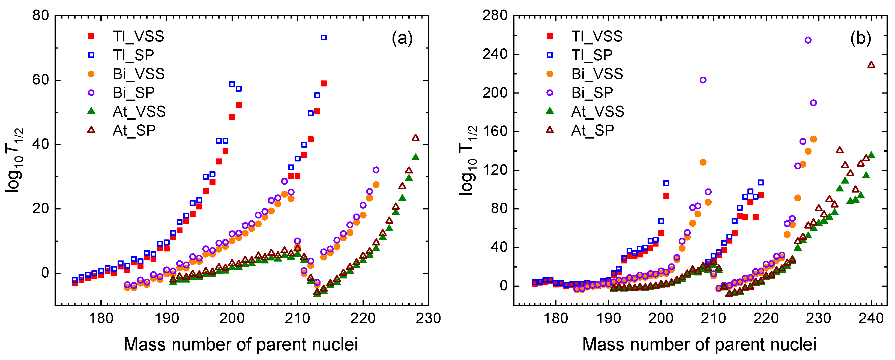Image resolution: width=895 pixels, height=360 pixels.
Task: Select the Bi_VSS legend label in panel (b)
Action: click(x=597, y=74)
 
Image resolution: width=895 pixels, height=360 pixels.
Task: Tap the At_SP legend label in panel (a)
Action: click(x=134, y=130)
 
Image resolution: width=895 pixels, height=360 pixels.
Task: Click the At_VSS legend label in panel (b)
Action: click(x=598, y=112)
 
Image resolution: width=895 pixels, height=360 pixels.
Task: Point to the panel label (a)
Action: click(x=402, y=38)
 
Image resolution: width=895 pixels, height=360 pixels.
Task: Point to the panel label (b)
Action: click(x=861, y=38)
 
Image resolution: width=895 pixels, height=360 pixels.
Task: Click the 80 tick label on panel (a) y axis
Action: click(x=41, y=16)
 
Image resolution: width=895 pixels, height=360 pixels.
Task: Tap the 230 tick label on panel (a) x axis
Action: click(x=428, y=318)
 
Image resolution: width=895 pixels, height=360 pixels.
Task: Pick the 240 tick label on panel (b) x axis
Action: click(x=871, y=318)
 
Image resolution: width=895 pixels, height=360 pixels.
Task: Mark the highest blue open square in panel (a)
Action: click(x=324, y=38)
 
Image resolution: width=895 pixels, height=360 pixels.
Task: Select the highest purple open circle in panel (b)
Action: click(x=808, y=40)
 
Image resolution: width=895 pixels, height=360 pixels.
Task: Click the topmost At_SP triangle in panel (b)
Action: click(x=871, y=65)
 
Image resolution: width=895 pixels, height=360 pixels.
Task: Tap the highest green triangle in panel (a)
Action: click(x=415, y=157)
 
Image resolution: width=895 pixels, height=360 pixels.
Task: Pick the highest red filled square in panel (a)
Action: click(x=324, y=83)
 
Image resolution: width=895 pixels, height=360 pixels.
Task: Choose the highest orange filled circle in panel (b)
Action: click(x=813, y=139)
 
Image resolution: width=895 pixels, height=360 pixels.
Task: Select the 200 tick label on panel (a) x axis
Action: click(x=232, y=318)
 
